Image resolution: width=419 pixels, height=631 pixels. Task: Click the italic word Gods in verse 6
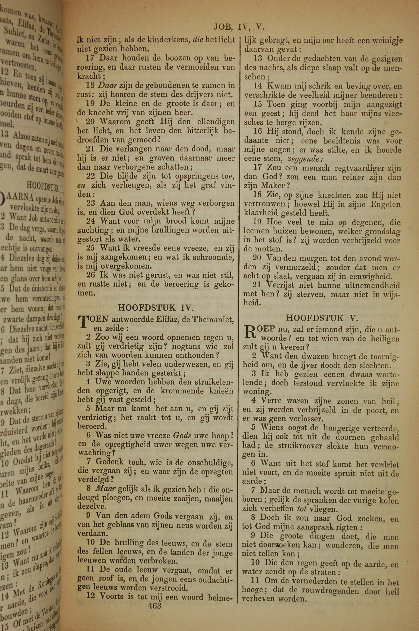tap(182, 435)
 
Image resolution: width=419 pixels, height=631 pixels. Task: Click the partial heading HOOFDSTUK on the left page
tap(43, 184)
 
